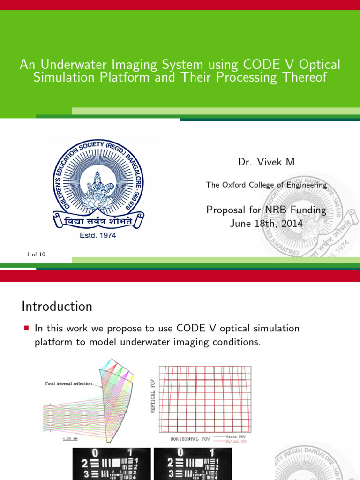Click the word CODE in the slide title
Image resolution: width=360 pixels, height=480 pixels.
click(261, 65)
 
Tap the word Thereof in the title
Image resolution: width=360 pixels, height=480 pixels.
click(302, 77)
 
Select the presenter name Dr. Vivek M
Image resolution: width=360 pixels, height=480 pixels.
click(266, 162)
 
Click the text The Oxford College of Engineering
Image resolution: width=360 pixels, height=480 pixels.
click(266, 185)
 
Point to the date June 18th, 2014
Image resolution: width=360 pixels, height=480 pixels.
click(266, 223)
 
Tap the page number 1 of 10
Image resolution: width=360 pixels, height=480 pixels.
click(36, 255)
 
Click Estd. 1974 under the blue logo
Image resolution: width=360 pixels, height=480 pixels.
click(97, 235)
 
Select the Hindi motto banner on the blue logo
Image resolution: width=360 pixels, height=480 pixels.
click(97, 219)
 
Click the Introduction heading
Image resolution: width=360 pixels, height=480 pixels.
click(57, 307)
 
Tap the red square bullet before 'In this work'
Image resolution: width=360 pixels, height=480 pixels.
click(26, 328)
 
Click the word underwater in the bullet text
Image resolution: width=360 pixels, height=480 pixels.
click(147, 342)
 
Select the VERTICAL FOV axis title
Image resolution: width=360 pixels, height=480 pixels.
click(153, 396)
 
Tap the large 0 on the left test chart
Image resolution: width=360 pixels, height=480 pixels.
click(95, 453)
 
